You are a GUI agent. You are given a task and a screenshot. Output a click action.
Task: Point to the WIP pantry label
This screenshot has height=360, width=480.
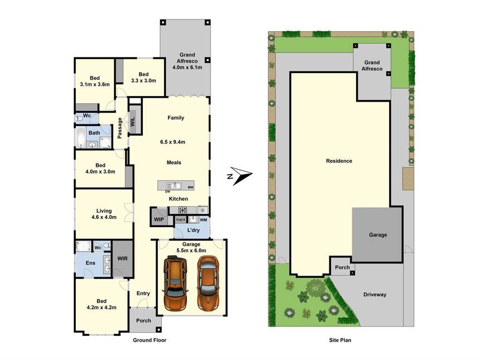tap(158, 219)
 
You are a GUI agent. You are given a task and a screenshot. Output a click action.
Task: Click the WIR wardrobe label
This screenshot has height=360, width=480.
tap(122, 258)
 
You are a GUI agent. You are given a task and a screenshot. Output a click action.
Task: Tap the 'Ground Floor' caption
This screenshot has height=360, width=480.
tap(149, 340)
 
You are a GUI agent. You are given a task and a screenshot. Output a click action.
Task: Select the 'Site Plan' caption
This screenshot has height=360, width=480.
tap(339, 340)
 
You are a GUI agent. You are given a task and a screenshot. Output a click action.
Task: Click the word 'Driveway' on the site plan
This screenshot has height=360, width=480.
tap(375, 294)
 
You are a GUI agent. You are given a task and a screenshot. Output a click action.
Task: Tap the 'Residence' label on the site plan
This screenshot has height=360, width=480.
tap(339, 161)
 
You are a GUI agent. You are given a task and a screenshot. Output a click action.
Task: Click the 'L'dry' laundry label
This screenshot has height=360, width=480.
tap(194, 230)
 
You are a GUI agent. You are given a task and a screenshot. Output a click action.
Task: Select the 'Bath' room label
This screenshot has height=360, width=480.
tap(94, 133)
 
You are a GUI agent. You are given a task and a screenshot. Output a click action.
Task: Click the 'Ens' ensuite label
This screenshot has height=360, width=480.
tap(90, 262)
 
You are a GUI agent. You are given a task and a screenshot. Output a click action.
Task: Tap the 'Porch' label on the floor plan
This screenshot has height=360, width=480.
tap(143, 320)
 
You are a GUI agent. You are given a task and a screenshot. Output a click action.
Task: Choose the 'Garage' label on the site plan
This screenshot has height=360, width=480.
tap(377, 235)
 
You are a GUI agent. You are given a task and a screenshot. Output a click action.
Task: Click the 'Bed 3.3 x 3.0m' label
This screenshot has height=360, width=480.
tap(143, 78)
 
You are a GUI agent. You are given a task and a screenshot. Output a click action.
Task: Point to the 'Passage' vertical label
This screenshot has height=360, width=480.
tap(120, 128)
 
